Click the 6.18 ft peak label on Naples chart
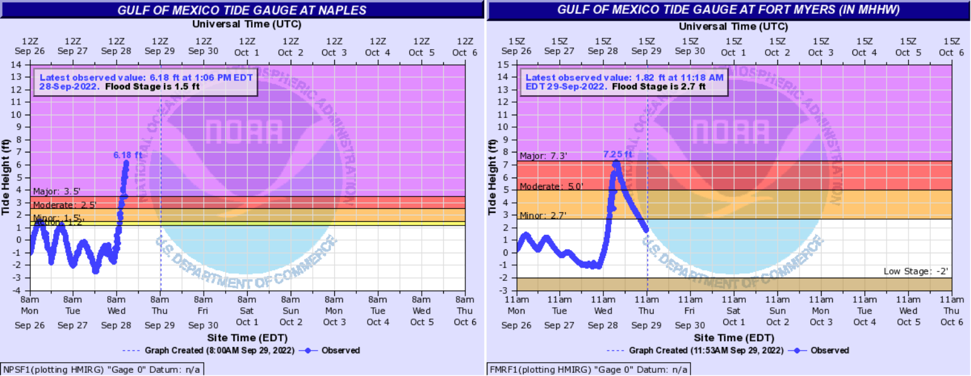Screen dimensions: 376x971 coord(127,154)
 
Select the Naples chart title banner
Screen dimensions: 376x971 coord(241,10)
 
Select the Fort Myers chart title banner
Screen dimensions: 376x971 coord(728,10)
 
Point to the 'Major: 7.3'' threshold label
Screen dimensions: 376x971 coord(544,156)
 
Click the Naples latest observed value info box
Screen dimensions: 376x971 coord(146,82)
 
